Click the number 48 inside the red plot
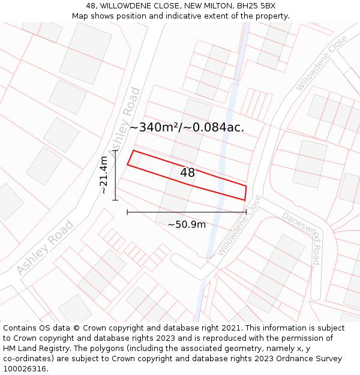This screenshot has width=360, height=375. tap(187, 173)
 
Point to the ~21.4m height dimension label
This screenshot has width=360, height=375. tap(104, 175)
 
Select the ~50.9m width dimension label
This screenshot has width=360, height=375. tap(187, 224)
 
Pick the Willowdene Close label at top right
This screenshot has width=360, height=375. tap(322, 63)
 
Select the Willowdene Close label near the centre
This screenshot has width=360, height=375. tap(239, 226)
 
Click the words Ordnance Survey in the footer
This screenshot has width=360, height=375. tap(313, 359)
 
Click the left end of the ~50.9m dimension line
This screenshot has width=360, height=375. tap(127, 212)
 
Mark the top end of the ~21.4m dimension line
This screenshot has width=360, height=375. tap(115, 150)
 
